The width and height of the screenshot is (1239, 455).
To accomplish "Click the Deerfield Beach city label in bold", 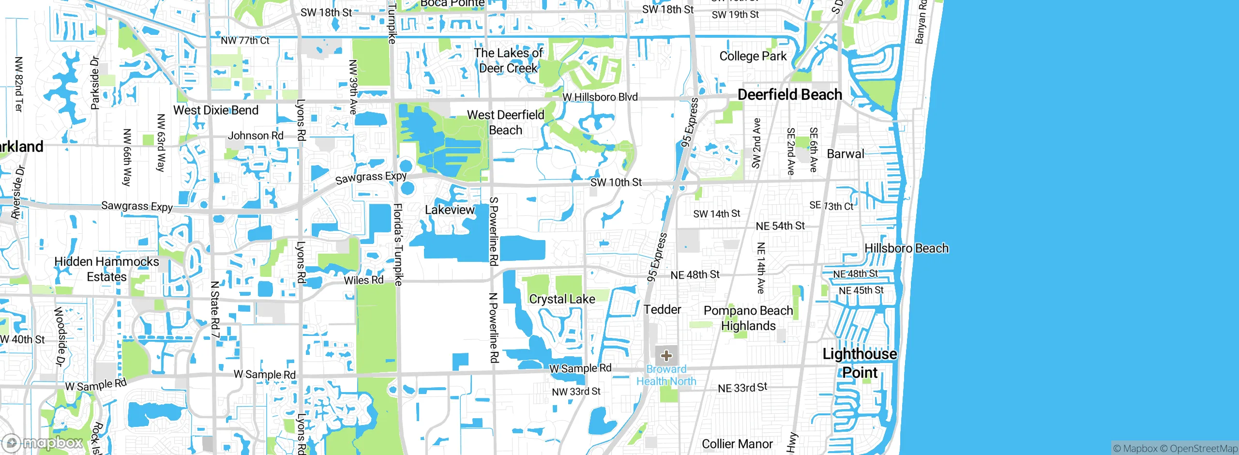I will point(789,94).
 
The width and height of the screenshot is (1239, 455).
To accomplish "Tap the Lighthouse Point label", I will point(860,363).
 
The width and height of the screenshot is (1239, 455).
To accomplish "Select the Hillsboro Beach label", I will point(906,248).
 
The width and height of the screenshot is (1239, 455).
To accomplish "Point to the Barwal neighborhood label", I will point(845,154).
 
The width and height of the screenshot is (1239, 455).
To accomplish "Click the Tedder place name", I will point(662,309).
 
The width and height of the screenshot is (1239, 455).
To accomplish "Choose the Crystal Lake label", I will point(562,299).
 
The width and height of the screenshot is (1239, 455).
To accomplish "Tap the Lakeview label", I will point(450,210).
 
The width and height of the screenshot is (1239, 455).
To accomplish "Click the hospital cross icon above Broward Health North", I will point(666,356).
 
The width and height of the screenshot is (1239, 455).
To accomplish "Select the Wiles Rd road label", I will point(363,280).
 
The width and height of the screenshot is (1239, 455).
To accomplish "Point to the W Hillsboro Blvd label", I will point(600,97).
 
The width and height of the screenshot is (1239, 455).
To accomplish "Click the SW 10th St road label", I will point(616,182).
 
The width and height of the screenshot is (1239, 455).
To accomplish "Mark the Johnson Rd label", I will point(256,136).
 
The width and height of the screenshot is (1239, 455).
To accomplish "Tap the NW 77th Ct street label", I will point(245,41).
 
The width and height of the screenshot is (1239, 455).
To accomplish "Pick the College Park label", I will point(753,56).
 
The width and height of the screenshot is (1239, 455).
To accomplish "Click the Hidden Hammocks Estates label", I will point(106,269).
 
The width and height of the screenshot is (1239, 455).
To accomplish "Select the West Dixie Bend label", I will point(216,110).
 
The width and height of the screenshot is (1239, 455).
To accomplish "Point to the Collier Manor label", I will point(737,444).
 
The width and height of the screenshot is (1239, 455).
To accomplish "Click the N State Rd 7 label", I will point(215,309).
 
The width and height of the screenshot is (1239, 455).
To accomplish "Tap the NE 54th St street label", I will point(780,226).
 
